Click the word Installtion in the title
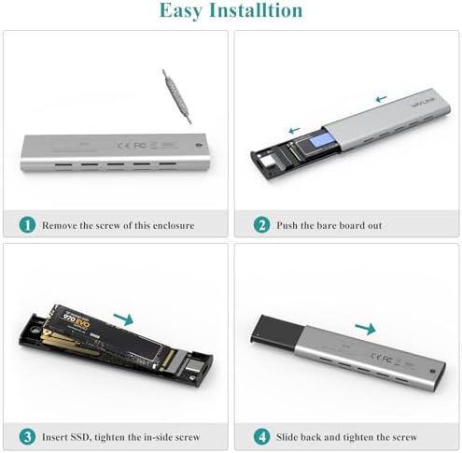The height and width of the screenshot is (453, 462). point(257,12)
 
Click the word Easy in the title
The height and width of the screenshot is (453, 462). point(182,12)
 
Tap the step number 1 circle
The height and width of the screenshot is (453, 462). point(27,224)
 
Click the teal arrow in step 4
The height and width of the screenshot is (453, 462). point(365,328)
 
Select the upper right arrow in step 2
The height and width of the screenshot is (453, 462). point(380,97)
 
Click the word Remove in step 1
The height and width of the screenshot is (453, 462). point(63,225)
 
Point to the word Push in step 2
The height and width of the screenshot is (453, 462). point(287,225)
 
